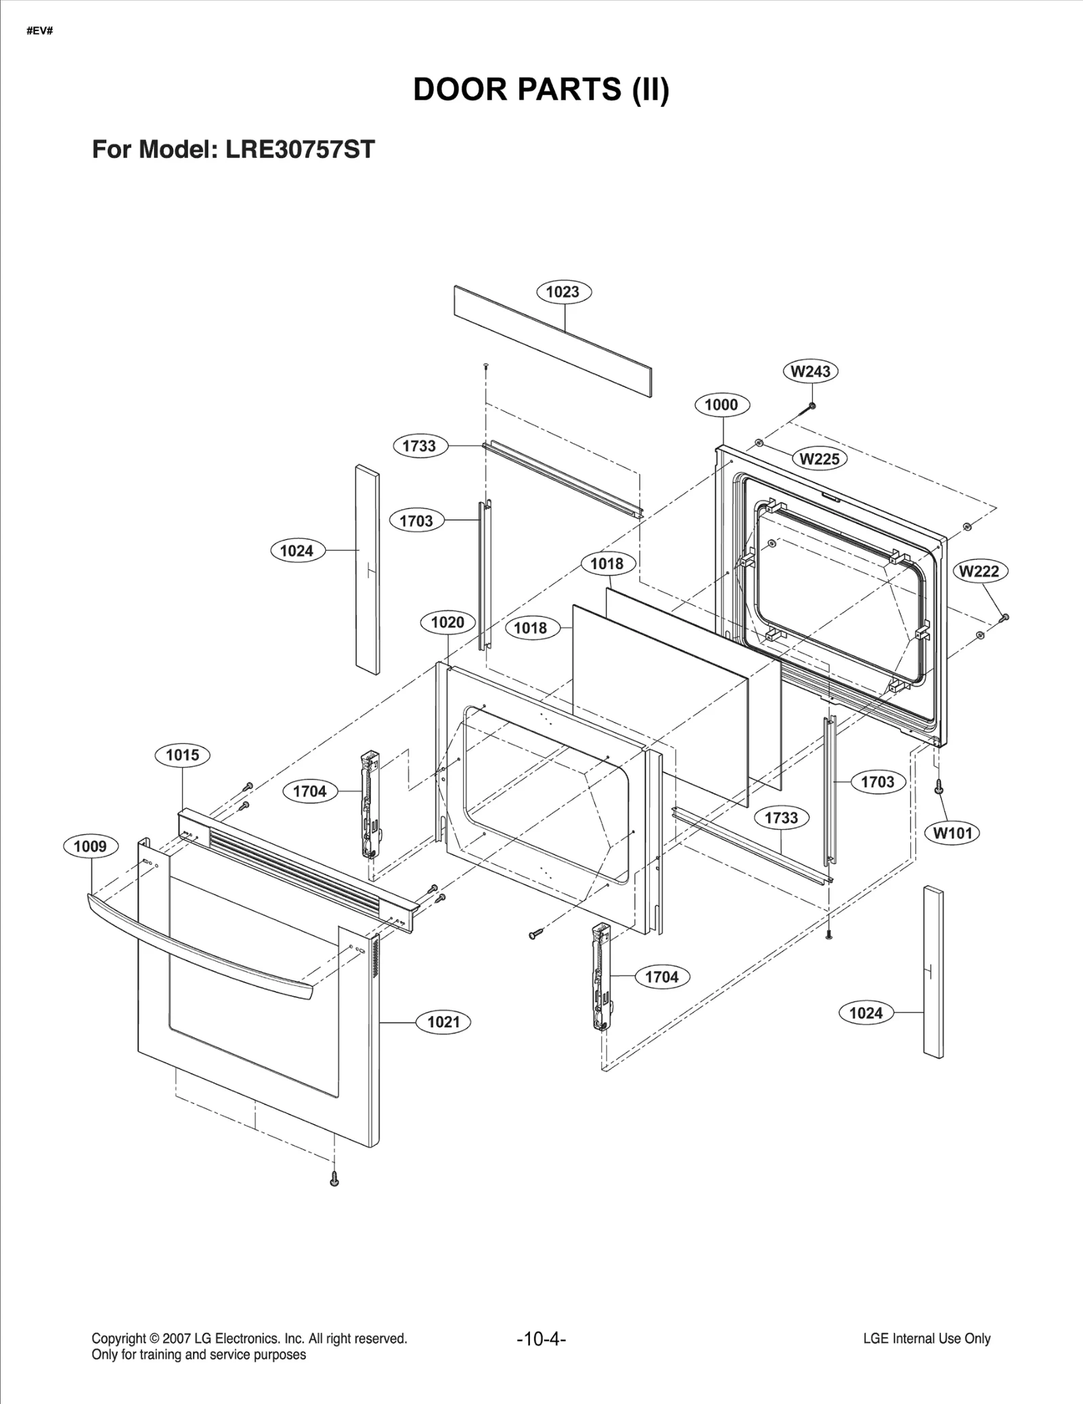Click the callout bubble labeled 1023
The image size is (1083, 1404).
pos(563,292)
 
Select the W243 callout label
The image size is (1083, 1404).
pos(810,371)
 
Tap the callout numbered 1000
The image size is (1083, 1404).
pos(721,405)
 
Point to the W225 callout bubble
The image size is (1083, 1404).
pos(819,459)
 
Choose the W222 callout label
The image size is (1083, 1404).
pos(979,571)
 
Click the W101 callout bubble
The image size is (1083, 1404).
pos(952,833)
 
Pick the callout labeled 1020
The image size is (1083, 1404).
pos(447,622)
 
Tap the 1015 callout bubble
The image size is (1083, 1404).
pos(182,755)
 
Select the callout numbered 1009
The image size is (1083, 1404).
pos(90,846)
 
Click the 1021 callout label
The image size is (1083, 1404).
pos(443,1022)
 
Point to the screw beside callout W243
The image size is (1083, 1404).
pos(810,407)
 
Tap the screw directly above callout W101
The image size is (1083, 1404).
pos(938,786)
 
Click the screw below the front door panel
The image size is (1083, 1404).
pos(334,1179)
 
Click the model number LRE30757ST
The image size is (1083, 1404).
pos(300,150)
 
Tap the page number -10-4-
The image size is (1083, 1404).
pos(541,1339)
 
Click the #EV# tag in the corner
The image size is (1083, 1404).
pos(40,31)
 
